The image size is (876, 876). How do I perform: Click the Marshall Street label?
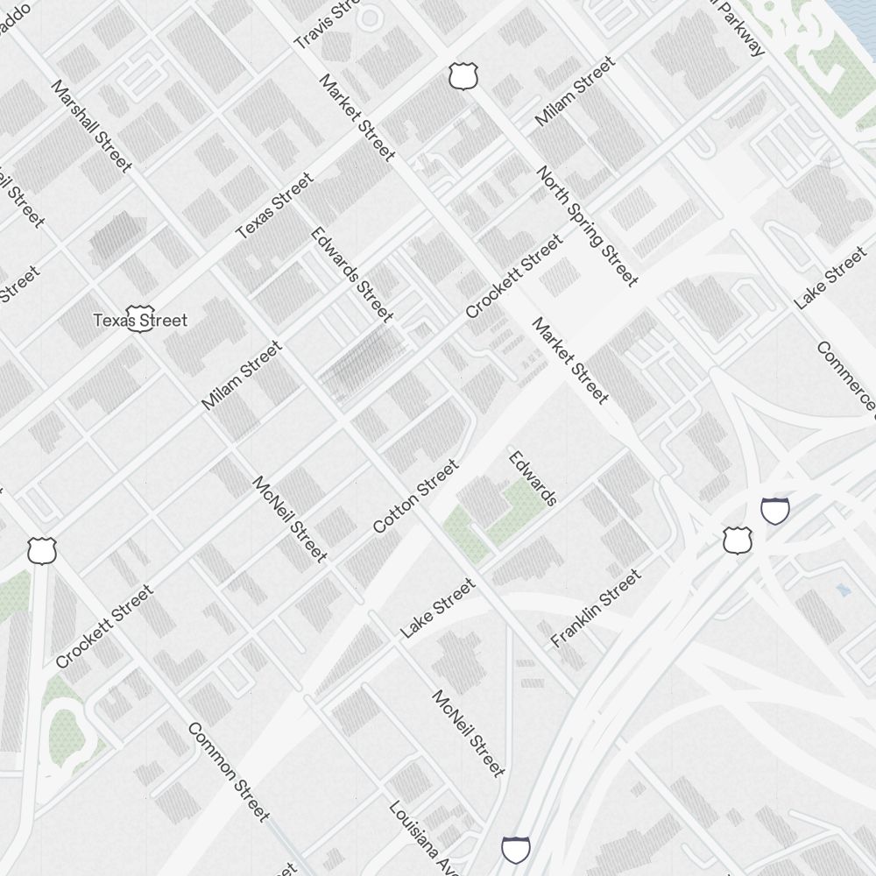(x=92, y=127)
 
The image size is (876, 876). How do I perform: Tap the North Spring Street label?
(x=587, y=226)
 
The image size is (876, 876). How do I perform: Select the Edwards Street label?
(x=352, y=274)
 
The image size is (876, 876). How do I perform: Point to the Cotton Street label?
(x=415, y=496)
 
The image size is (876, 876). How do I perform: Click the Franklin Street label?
(x=596, y=608)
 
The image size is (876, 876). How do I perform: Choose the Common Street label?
(x=228, y=772)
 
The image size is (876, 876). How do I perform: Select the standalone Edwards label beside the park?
(x=533, y=478)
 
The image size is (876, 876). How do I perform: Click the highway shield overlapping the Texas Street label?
(x=138, y=319)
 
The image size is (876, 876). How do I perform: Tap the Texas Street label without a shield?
(x=275, y=206)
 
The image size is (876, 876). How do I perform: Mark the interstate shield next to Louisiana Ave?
(x=516, y=849)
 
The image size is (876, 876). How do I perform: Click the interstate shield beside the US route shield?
(x=775, y=509)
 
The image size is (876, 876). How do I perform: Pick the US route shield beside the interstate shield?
(x=738, y=540)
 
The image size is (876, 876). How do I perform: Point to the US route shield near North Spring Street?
(x=463, y=76)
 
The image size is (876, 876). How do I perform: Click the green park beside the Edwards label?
(x=495, y=517)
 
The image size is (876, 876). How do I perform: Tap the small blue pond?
(x=843, y=590)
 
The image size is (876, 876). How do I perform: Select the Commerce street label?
(x=846, y=375)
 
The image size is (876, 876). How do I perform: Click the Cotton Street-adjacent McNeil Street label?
(x=290, y=519)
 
